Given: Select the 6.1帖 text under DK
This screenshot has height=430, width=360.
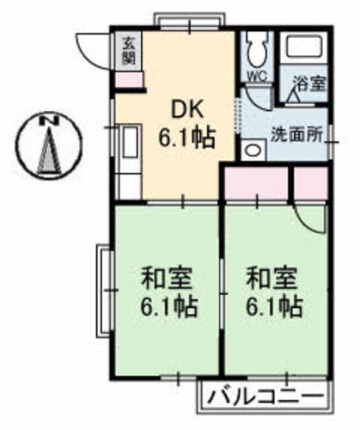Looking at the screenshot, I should (x=186, y=137).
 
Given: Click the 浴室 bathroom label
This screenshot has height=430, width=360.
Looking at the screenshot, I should (x=309, y=85).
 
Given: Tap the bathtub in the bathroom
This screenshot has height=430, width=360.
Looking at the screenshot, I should (x=306, y=52).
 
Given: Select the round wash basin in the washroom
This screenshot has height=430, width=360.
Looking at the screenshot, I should (x=252, y=150).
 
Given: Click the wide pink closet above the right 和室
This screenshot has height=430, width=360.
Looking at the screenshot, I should (x=255, y=181).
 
